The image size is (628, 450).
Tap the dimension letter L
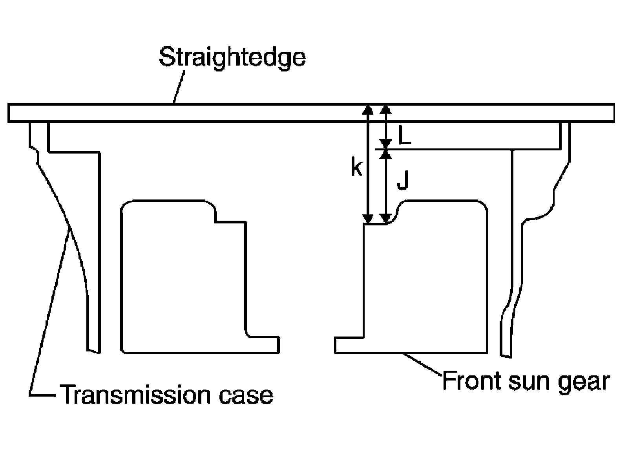(404, 136)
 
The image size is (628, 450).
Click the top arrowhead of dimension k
(367, 110)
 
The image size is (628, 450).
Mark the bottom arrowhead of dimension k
(367, 218)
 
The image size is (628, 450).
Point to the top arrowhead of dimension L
(386, 110)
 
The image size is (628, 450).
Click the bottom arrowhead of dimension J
(386, 218)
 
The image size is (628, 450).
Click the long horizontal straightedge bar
(275, 113)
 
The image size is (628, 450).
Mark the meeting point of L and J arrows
(386, 149)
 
